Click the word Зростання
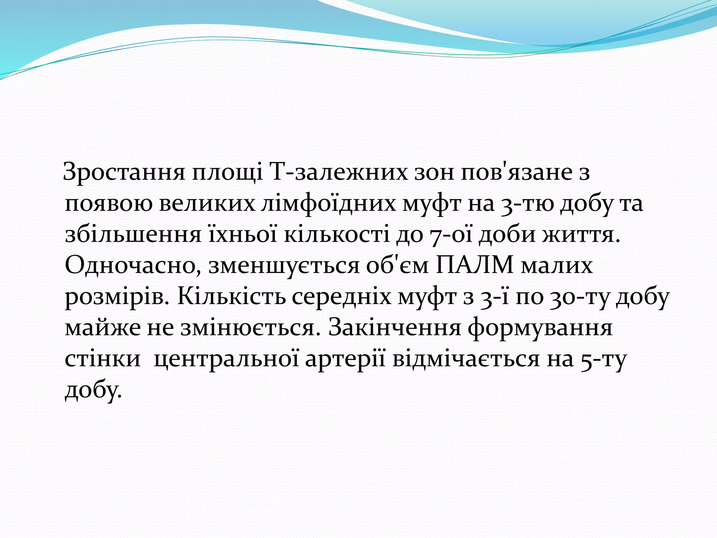coord(124,173)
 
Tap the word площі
coord(227,173)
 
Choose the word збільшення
coord(133,234)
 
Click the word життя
coord(581,234)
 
